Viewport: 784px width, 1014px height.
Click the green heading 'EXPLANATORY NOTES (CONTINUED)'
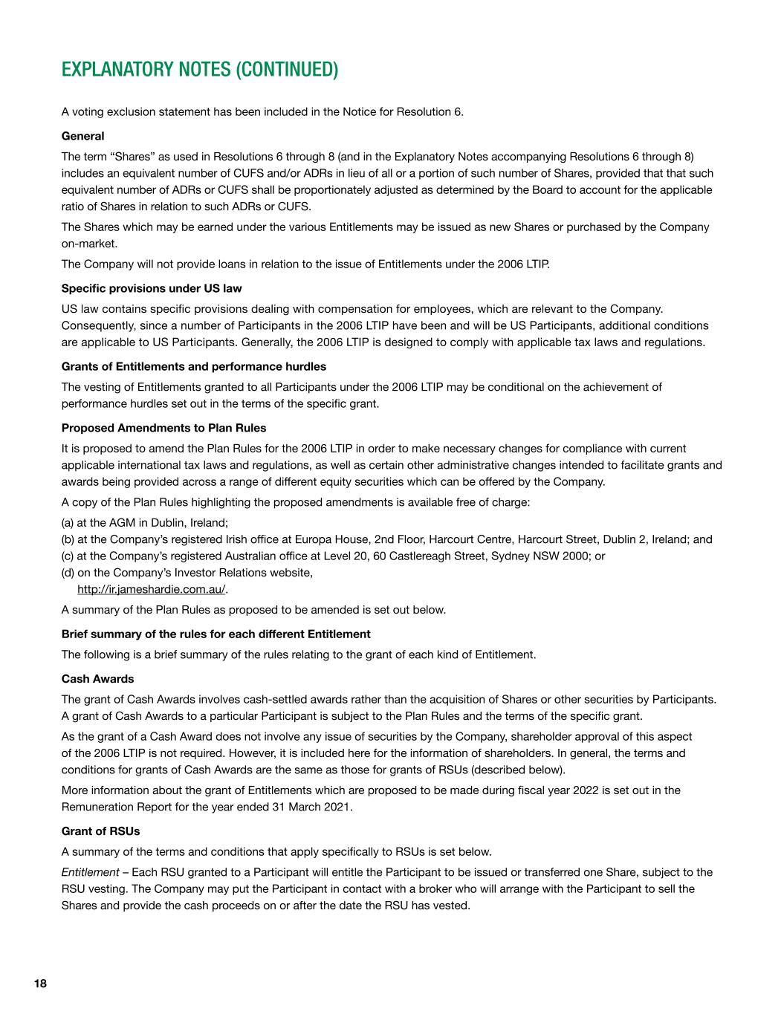[199, 70]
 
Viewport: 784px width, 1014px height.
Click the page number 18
[40, 984]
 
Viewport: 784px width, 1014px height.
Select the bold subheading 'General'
[82, 136]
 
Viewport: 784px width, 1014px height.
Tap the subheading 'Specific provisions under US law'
[152, 288]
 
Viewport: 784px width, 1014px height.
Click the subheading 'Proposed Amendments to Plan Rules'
[163, 428]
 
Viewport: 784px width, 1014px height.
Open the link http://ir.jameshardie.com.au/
[152, 589]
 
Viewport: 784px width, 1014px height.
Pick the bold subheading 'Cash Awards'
[97, 679]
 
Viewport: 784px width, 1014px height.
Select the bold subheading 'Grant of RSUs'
[100, 831]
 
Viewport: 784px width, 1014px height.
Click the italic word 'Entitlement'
[90, 872]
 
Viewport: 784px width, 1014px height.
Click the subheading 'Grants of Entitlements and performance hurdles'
[193, 366]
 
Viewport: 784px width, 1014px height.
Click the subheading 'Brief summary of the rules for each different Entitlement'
[216, 634]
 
